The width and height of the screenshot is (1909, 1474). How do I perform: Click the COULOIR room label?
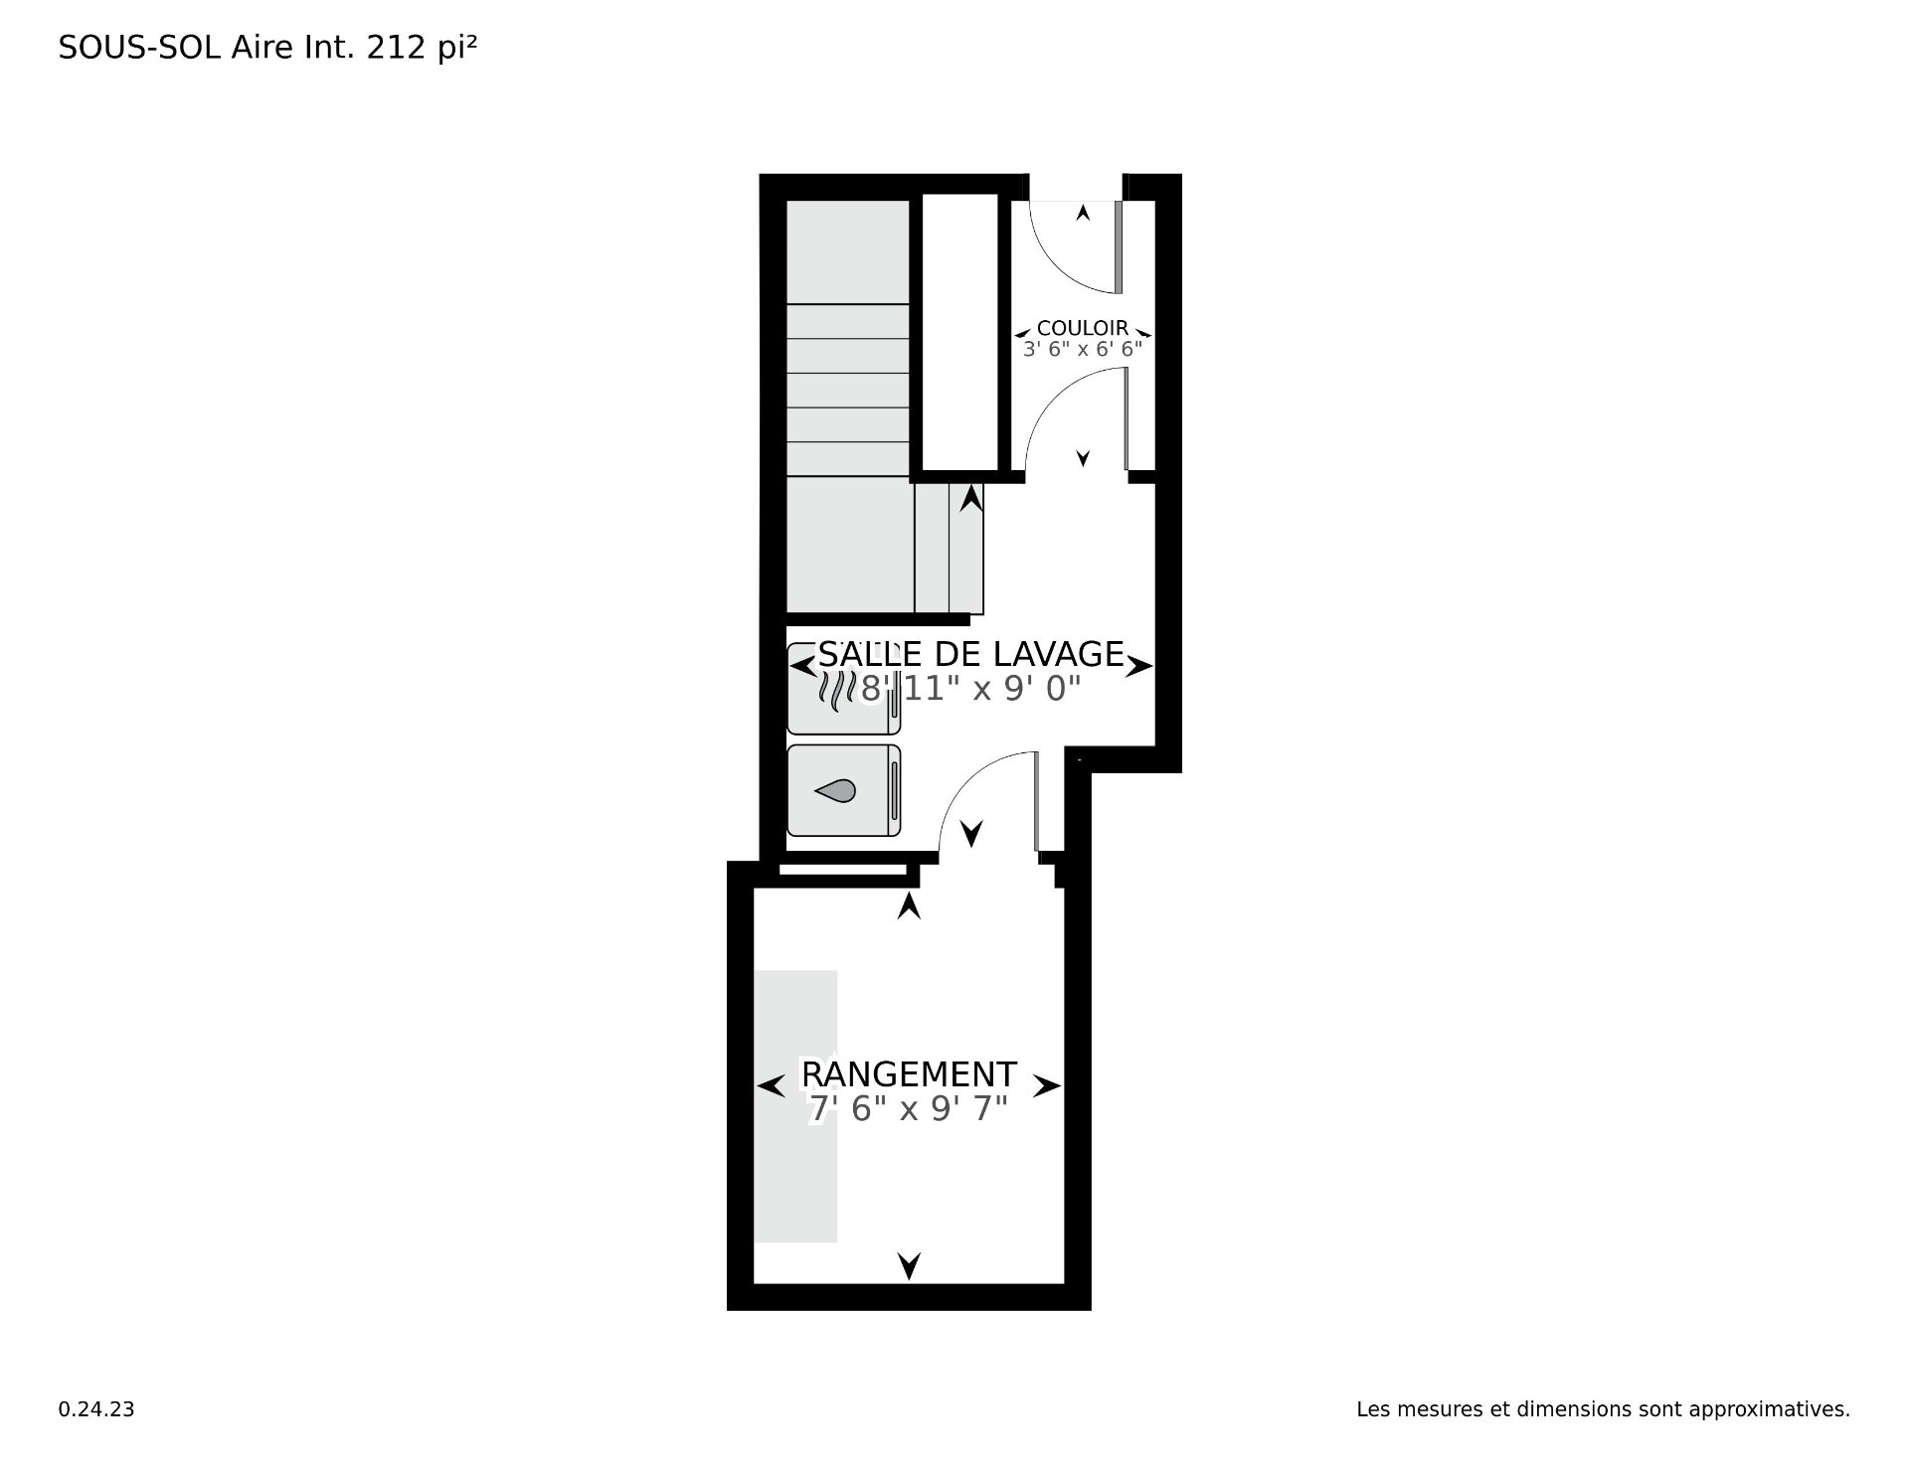coord(1083,328)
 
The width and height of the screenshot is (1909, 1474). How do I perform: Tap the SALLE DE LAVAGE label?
coord(970,654)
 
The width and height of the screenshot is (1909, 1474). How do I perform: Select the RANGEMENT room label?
coord(909,1074)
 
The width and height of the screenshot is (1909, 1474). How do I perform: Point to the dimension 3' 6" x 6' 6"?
coord(1083,350)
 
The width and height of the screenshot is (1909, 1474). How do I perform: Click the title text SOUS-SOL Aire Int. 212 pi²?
coord(267,48)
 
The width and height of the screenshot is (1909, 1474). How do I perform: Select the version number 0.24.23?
coord(96,1409)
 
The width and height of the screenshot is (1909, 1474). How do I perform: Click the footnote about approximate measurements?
coord(1603,1409)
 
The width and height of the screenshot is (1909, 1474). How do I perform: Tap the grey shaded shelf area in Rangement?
coord(795,1106)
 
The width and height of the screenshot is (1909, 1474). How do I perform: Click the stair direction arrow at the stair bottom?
coord(971,498)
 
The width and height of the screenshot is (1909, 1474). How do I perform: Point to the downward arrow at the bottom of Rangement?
coord(909,1266)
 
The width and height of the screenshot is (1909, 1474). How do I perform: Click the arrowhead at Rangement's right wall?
coord(1047,1086)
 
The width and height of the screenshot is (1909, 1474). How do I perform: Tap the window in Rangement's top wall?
coord(842,871)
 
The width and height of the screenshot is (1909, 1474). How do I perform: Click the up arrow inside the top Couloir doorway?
coord(1083,212)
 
